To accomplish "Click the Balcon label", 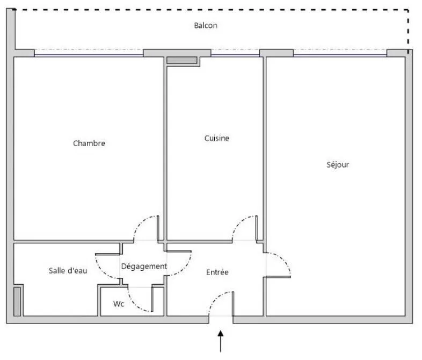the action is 206,25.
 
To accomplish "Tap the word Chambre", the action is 89,143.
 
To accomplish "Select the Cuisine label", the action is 217,138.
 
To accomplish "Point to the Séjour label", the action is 338,164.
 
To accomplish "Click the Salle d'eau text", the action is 68,271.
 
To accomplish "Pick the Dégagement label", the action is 144,267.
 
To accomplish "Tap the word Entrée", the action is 217,272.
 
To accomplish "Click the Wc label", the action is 119,304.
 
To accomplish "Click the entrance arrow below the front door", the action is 221,341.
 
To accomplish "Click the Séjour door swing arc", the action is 284,260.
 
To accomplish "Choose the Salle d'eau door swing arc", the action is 102,271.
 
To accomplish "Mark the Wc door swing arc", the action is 135,305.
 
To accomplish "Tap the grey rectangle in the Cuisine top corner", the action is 181,60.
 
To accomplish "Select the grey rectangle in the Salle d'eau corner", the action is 17,301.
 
